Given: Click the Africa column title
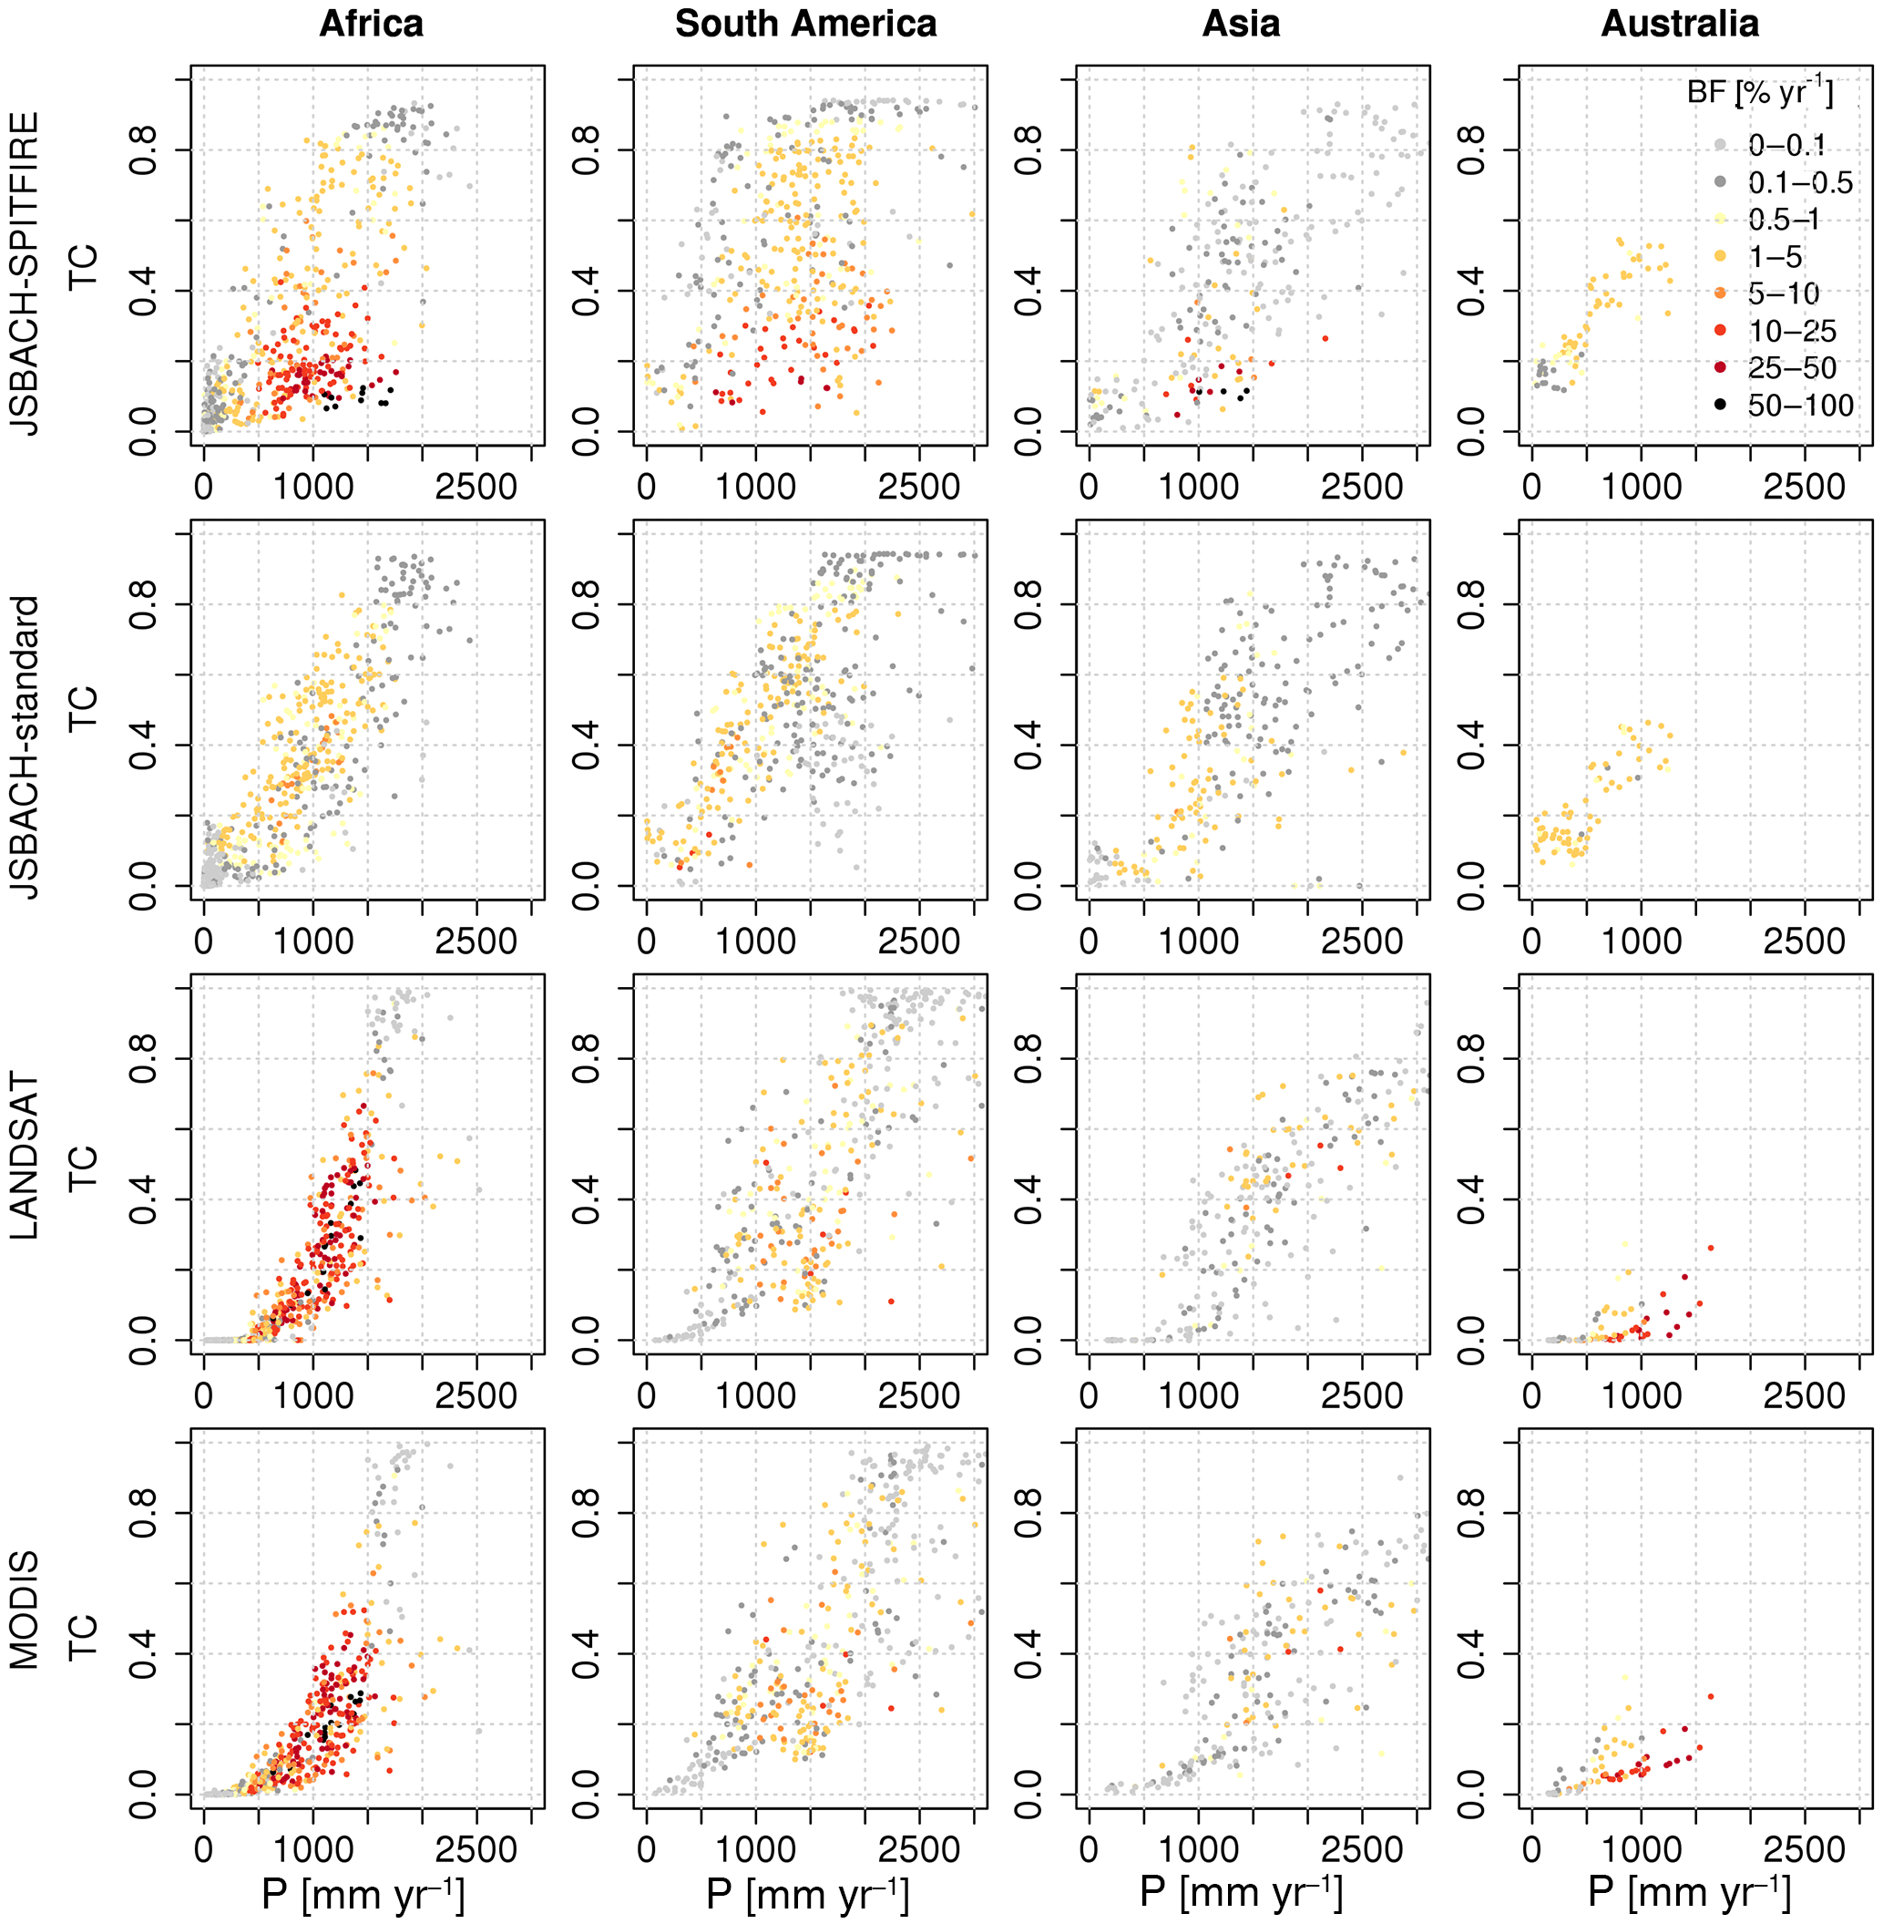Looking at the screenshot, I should (x=371, y=24).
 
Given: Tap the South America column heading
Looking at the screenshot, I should (x=806, y=24).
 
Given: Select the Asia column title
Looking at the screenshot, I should (x=1241, y=24).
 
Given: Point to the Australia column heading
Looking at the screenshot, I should (x=1679, y=24).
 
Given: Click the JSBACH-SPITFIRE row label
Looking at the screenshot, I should (x=26, y=274).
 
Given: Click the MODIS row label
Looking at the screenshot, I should (x=26, y=1610).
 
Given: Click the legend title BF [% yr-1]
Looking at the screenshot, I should (x=1759, y=94).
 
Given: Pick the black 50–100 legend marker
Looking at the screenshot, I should (x=1721, y=405).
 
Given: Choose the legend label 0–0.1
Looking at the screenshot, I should (x=1787, y=146).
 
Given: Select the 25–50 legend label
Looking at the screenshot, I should (x=1792, y=368).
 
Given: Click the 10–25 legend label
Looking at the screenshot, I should (x=1792, y=331).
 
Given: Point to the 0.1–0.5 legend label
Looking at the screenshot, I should (x=1800, y=182).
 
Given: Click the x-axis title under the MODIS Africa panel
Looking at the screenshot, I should (x=363, y=1894).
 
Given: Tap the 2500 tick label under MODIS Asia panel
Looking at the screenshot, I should (x=1362, y=1849).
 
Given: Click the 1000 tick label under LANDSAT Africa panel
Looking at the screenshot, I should (x=313, y=1395).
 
